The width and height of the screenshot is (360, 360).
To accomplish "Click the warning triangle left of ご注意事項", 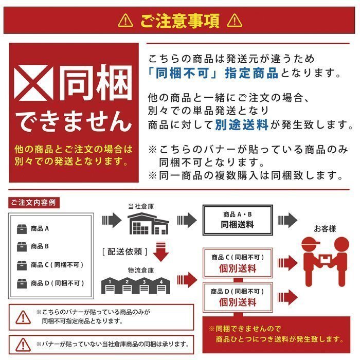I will pos(125,21).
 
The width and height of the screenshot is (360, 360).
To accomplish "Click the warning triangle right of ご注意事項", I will pos(235,21).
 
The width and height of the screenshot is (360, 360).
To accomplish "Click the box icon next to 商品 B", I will pos(22,246).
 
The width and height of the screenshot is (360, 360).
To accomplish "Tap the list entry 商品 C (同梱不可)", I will pos(57,265).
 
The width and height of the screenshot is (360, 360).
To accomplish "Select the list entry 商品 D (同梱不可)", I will pos(57,283).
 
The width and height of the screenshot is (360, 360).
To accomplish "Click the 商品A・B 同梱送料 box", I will pos(238,220).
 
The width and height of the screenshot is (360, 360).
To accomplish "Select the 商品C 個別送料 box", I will pos(237,263).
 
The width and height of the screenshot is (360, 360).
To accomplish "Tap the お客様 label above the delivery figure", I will pos(324,228).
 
